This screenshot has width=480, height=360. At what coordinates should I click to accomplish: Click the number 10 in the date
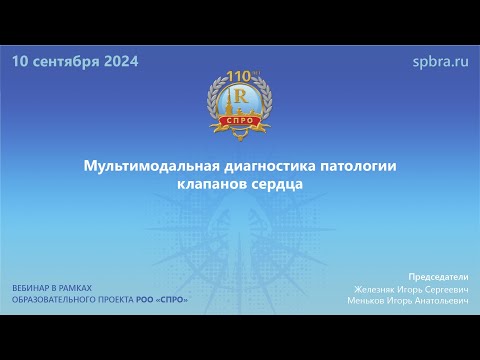22,61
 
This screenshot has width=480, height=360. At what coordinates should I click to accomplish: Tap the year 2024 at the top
120,61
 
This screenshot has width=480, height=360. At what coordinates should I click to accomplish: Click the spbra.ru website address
440,61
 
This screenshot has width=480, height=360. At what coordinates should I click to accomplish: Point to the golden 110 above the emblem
239,76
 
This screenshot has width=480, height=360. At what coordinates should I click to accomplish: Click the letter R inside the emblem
240,97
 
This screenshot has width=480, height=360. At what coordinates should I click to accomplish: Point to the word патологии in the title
359,164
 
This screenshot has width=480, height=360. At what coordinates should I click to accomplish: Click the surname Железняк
375,288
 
